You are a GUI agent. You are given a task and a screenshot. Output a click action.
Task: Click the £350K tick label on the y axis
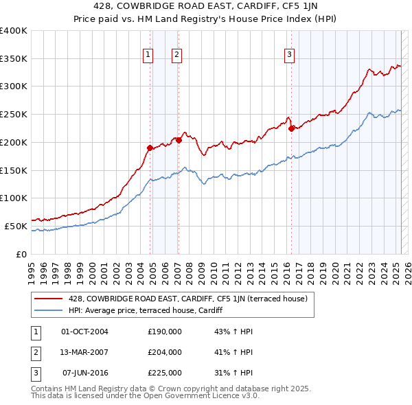pyautogui.click(x=14, y=59)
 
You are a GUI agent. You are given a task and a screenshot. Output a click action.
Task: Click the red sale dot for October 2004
pyautogui.click(x=150, y=148)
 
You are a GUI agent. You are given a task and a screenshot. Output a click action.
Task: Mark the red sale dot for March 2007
pyautogui.click(x=179, y=140)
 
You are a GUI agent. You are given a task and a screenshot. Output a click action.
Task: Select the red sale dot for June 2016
pyautogui.click(x=291, y=128)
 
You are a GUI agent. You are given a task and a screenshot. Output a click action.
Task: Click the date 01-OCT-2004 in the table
pyautogui.click(x=85, y=332)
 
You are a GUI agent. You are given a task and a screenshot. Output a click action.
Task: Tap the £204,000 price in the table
pyautogui.click(x=165, y=352)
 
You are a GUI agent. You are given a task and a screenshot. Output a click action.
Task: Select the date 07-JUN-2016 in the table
pyautogui.click(x=85, y=373)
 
